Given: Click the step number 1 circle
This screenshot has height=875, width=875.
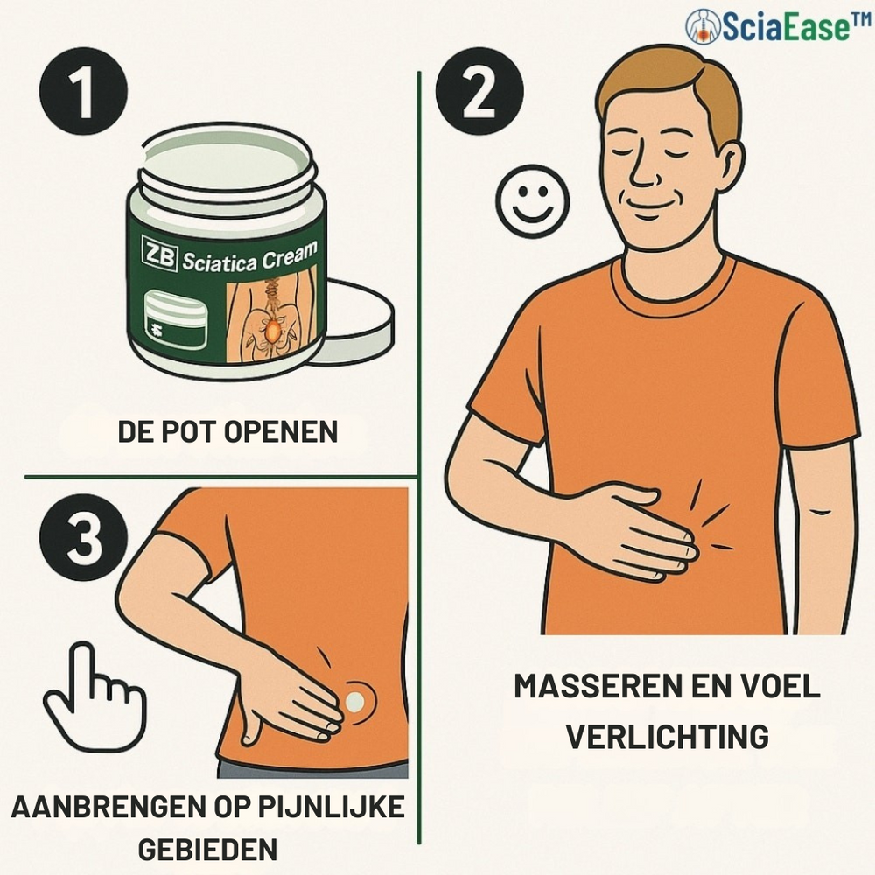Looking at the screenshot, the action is tap(84, 92).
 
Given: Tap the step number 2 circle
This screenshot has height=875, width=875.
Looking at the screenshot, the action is tap(479, 92).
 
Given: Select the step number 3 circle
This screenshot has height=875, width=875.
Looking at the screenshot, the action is tap(84, 537).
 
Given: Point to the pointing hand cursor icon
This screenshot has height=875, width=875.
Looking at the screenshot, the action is tap(94, 696).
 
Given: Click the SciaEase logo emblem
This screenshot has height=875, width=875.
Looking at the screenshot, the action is tap(703, 27).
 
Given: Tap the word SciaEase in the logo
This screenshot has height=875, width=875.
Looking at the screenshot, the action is tap(786, 27).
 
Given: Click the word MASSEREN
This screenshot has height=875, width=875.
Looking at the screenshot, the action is tap(593, 686).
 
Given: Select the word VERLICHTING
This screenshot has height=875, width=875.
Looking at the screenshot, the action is tap(668, 737).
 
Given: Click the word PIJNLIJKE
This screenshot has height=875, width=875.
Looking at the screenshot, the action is tap(331, 808).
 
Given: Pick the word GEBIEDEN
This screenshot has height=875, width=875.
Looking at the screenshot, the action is tap(207, 850).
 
